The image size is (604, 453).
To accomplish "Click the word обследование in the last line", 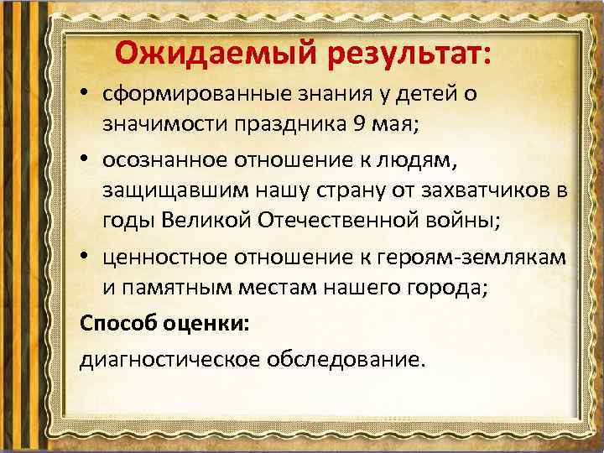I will click(346, 360).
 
